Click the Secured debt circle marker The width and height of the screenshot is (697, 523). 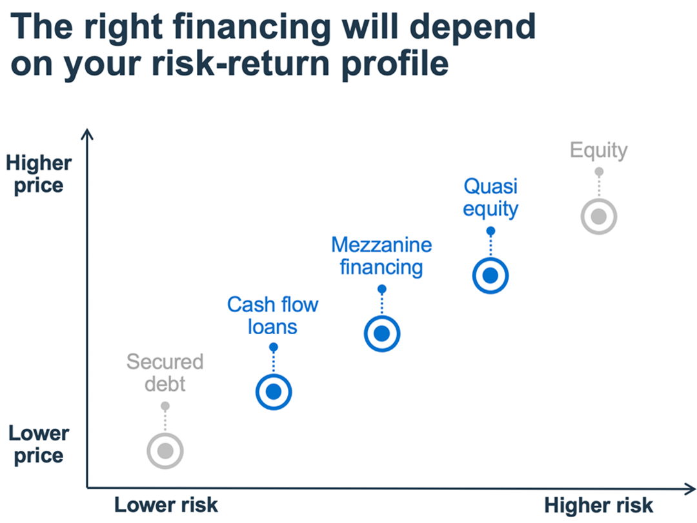tap(165, 450)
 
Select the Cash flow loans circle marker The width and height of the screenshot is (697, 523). tap(274, 391)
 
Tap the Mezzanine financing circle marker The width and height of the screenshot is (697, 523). tap(382, 333)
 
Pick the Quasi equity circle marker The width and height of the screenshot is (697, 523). tap(490, 275)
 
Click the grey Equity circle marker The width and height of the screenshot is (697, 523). tap(599, 217)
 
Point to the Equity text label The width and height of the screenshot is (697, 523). tap(599, 150)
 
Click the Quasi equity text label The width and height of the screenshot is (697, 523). tap(491, 197)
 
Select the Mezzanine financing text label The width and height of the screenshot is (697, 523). tap(381, 255)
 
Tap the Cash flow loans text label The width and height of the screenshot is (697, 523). tap(273, 315)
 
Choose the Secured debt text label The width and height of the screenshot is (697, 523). tap(165, 372)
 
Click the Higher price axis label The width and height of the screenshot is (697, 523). tap(39, 174)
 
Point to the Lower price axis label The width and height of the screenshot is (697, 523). tap(39, 444)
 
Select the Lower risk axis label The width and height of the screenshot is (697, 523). tap(167, 505)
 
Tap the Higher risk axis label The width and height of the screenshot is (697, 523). tap(599, 505)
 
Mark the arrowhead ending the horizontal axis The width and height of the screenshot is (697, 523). tap(691, 488)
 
